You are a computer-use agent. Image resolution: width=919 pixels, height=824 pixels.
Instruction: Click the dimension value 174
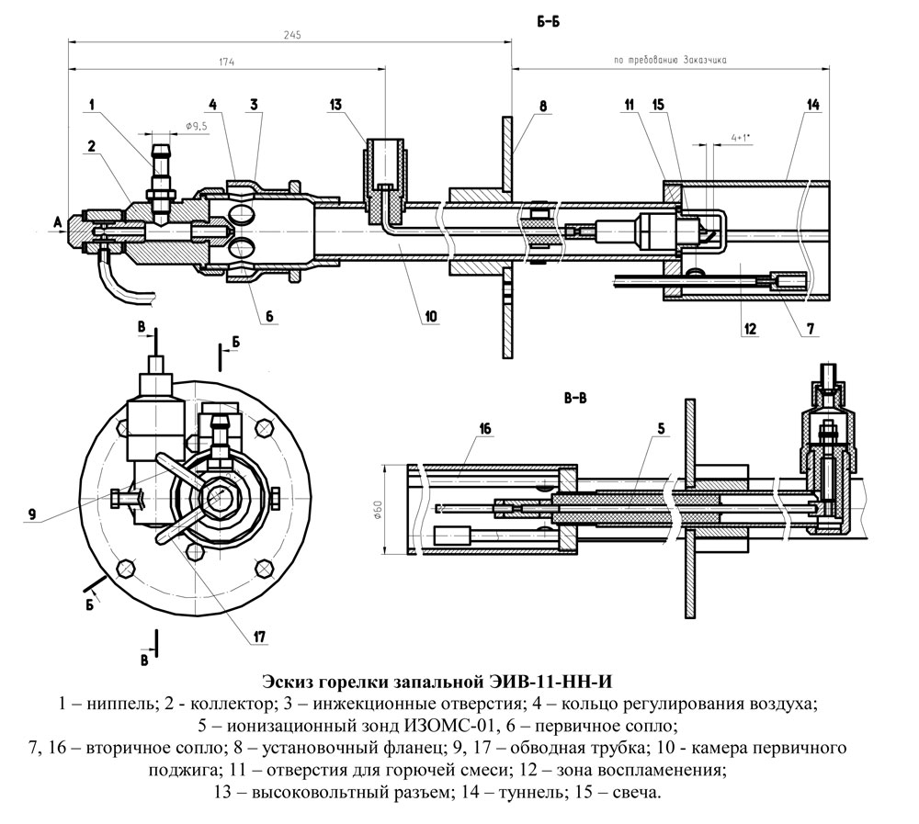point(227,62)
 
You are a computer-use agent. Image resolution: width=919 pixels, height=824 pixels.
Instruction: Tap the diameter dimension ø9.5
point(197,126)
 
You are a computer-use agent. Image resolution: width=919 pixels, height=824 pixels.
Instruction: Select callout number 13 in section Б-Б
point(335,105)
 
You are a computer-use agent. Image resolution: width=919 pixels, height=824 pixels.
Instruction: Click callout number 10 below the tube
point(431,317)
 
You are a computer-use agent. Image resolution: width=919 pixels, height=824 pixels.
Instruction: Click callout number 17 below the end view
point(259,637)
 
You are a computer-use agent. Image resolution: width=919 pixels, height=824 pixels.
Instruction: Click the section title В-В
point(575,399)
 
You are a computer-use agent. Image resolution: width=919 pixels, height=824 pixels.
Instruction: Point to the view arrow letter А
point(57,222)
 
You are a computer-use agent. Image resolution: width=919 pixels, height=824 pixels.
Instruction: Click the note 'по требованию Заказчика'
point(670,60)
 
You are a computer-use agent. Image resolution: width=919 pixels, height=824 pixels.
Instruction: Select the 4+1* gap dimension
point(742,139)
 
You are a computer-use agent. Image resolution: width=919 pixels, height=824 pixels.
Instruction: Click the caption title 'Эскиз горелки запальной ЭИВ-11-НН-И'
point(437,682)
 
